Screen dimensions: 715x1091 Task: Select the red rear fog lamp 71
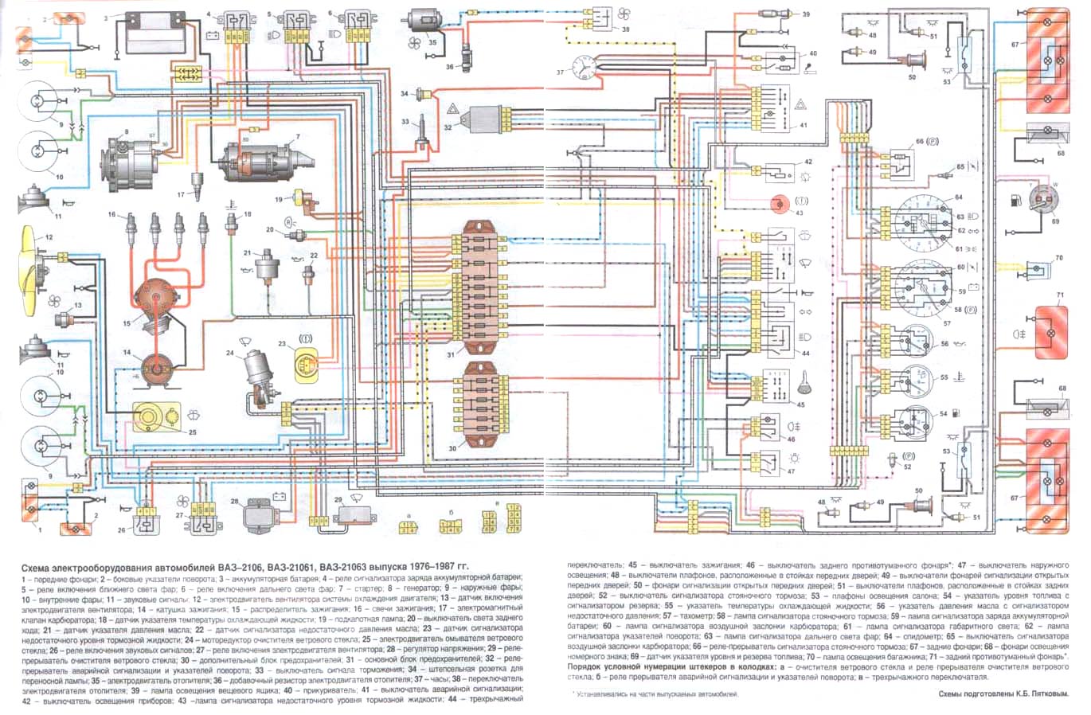(x=1049, y=330)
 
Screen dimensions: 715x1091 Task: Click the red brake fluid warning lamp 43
(x=778, y=202)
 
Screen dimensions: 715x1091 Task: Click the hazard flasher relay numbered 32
(x=486, y=118)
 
